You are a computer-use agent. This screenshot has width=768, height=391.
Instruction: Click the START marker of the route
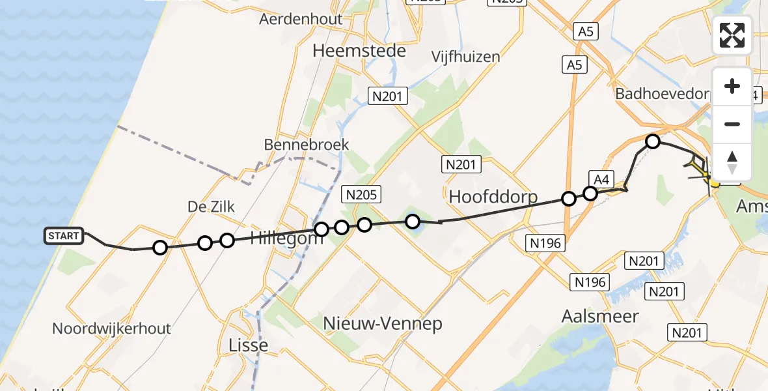(64, 236)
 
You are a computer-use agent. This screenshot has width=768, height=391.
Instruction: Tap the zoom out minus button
(732, 124)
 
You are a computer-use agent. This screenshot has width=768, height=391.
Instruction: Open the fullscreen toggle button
(732, 35)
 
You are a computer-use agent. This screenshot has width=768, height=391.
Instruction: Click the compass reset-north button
(732, 162)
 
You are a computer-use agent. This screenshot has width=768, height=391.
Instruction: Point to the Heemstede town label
(359, 51)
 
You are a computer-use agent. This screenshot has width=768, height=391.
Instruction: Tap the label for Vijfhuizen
(466, 57)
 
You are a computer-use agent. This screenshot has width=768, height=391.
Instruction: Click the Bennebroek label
(307, 145)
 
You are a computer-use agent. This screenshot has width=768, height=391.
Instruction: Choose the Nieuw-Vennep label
(383, 323)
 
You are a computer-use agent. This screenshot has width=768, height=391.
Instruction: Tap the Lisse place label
(249, 345)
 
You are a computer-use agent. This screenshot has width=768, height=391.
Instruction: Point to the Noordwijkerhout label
(111, 328)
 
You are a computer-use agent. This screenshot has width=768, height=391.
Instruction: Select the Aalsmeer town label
(600, 317)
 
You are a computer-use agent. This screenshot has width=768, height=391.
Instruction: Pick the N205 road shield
(361, 194)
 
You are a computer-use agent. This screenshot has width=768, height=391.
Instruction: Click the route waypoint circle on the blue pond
(413, 222)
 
